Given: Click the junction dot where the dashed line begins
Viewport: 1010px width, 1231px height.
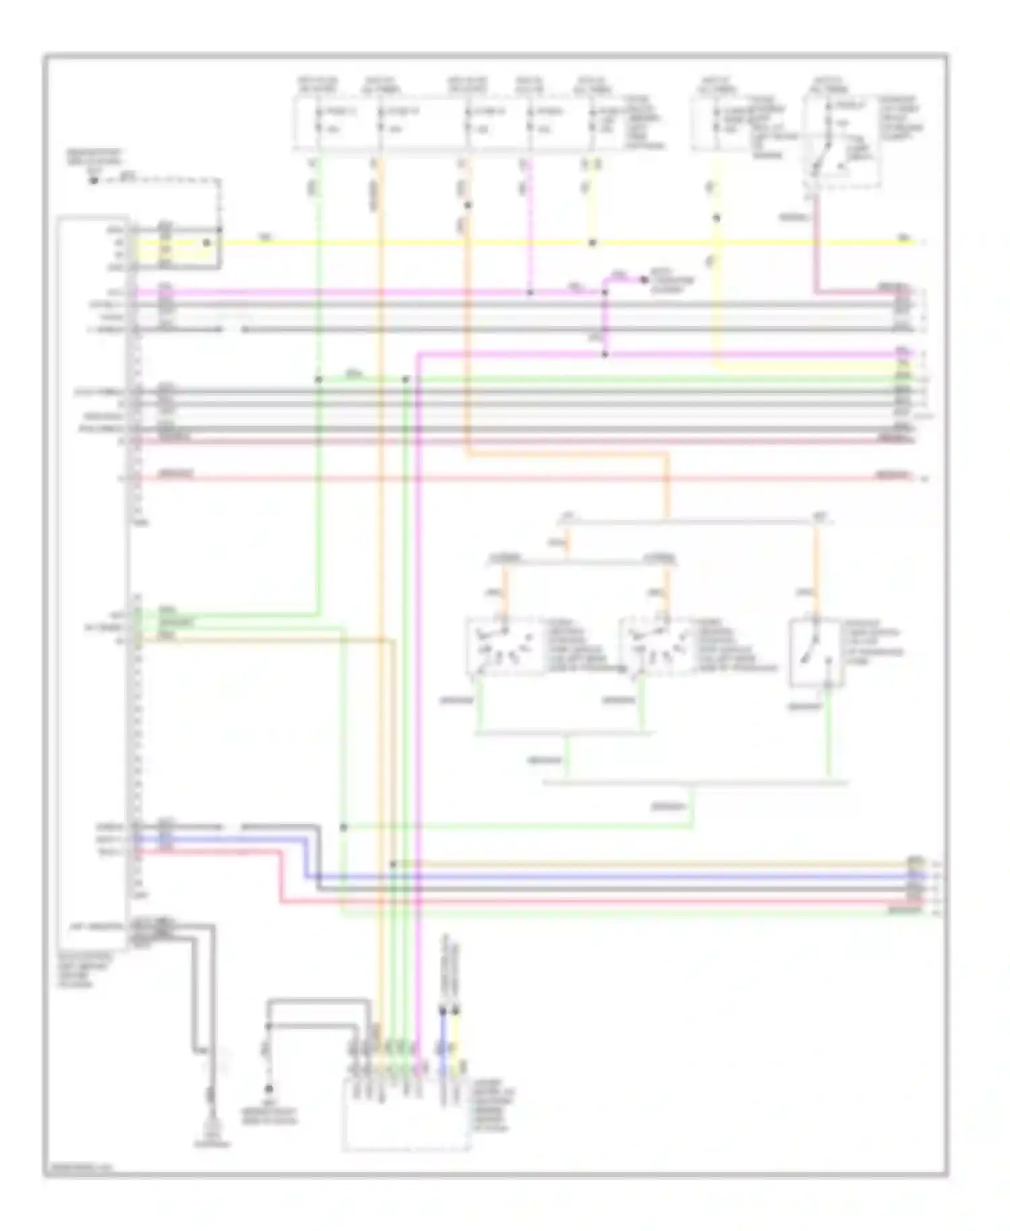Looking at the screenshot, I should click(94, 180).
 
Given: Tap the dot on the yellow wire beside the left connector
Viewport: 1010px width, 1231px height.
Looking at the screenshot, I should click(207, 242).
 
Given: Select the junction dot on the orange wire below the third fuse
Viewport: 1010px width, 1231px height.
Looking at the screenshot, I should click(468, 205).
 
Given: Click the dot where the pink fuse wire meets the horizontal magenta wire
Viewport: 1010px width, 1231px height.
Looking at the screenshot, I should click(530, 293).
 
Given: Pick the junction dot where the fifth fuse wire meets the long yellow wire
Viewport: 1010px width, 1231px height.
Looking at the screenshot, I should click(593, 243).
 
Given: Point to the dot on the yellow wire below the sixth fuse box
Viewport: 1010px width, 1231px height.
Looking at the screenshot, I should click(716, 218).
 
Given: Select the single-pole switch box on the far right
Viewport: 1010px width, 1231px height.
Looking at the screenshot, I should click(815, 652).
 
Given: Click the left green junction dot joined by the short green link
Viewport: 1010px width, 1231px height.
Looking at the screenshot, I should click(318, 379).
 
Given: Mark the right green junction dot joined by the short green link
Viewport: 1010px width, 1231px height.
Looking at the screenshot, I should click(405, 380).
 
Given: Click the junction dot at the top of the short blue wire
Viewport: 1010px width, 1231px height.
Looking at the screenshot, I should click(443, 1010).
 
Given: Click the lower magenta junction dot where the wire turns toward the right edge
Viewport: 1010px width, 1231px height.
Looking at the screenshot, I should click(605, 354).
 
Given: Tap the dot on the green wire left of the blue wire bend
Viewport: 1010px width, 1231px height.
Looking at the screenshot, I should click(343, 826).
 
